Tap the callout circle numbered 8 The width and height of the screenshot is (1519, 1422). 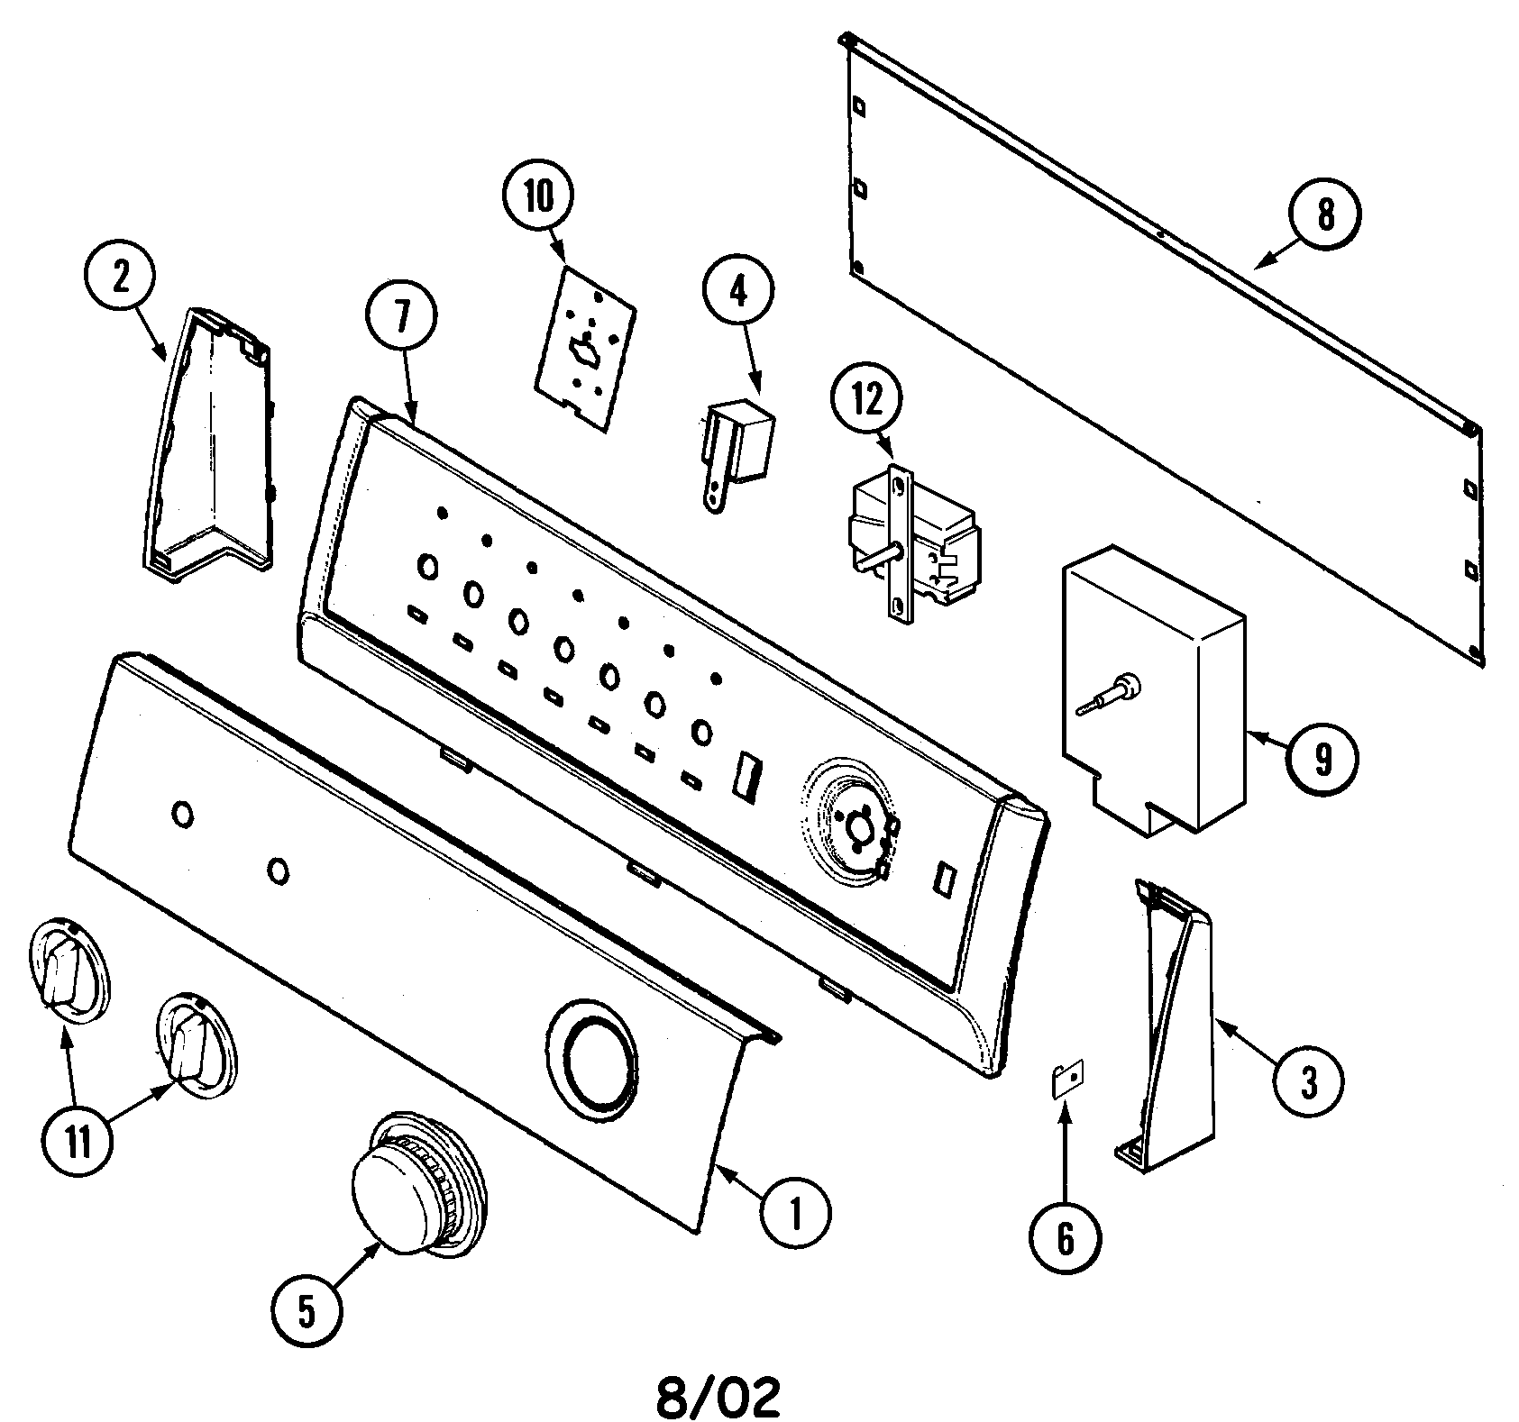pos(1324,214)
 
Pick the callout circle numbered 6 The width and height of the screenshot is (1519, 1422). pos(1066,1239)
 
